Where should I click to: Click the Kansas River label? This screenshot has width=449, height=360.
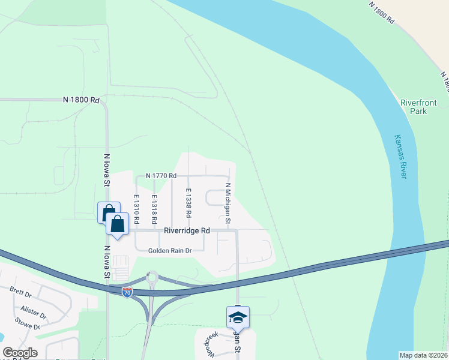coord(400,156)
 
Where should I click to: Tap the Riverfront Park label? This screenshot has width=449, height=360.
coord(414,107)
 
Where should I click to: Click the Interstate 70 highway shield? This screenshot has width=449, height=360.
coord(127,292)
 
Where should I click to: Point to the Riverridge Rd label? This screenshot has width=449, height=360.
coord(188,230)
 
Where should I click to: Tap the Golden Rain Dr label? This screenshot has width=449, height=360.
coord(170,251)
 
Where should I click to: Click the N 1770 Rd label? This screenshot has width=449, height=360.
coord(161,176)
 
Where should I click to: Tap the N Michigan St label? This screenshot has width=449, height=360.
coord(228,204)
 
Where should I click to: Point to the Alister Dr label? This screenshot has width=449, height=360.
coord(33,313)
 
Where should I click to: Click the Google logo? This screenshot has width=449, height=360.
coord(20,353)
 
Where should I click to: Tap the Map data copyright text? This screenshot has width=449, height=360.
coord(424,355)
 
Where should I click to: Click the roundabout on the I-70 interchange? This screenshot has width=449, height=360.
coord(152,277)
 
